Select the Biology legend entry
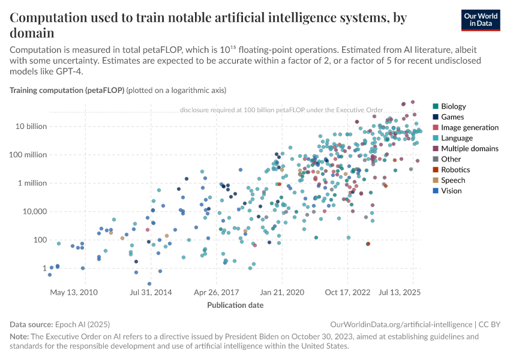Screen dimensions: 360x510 (453, 106)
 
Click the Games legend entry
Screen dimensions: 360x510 (452, 117)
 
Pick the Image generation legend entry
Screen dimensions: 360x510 (469, 127)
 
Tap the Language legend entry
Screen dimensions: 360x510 (457, 138)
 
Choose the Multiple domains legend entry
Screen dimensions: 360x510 (469, 148)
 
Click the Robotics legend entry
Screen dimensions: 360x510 (455, 170)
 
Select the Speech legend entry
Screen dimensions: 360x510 (453, 180)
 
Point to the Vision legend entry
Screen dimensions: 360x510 (452, 191)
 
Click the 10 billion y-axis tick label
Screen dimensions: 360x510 (28, 127)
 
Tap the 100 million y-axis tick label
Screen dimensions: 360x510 (27, 155)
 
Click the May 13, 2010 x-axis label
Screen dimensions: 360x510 (74, 292)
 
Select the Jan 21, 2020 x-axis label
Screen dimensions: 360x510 (282, 292)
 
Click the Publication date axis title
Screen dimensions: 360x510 (235, 305)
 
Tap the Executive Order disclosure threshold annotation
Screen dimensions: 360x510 (289, 110)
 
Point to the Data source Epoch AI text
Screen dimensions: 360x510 (60, 324)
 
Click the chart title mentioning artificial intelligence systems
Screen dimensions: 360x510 (208, 25)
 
